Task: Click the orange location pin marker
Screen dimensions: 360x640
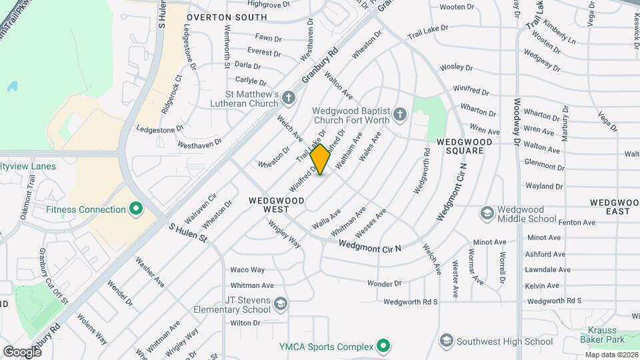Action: coord(321,159)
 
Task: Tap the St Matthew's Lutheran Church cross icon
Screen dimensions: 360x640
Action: coord(289,99)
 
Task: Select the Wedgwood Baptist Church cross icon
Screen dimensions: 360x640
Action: coord(399,114)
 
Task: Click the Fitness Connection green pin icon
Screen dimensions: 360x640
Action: coord(137,209)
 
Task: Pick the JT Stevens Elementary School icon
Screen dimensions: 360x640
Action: coord(281,305)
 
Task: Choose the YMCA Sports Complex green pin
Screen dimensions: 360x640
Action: coord(383,346)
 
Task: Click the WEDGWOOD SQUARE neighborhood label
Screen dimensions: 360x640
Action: coord(464,146)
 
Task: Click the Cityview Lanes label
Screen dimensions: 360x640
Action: coord(28,166)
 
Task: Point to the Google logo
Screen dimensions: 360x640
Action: coord(22,351)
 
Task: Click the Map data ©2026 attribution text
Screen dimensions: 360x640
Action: coord(611,355)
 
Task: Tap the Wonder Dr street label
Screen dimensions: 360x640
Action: coord(383,283)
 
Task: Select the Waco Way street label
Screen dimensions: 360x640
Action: coord(247,270)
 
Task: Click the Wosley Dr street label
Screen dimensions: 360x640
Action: coord(456,67)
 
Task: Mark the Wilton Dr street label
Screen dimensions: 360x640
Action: coord(245,323)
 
